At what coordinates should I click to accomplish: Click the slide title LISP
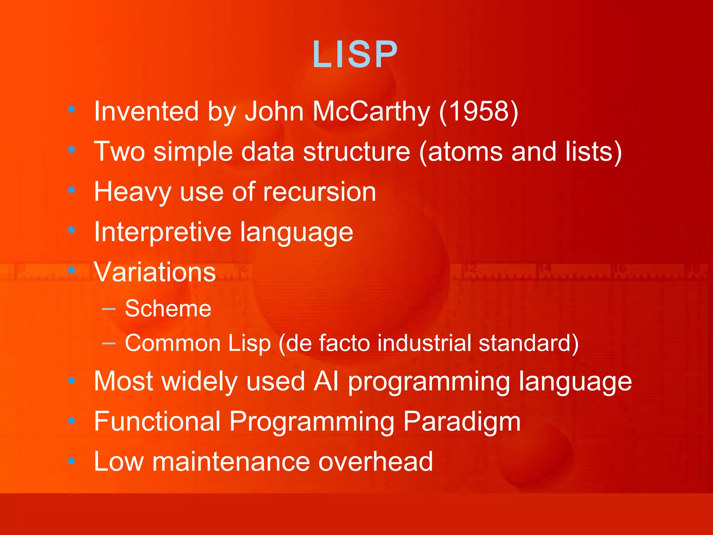point(355,54)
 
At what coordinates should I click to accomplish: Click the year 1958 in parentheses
point(479,111)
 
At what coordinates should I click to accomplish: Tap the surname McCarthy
point(371,111)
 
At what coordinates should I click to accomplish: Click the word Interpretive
point(163,232)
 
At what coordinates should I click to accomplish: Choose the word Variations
point(155,272)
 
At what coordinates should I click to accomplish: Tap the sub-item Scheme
point(168,309)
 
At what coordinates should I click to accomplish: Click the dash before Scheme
point(109,309)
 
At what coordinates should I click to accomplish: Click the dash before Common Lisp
point(109,343)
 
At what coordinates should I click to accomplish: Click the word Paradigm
point(462,422)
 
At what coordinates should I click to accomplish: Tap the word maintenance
point(231,462)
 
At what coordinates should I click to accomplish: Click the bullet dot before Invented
point(72,110)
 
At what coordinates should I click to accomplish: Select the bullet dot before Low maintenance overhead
point(72,461)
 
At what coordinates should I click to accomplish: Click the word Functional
point(157,422)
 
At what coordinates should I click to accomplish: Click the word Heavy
point(132,192)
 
